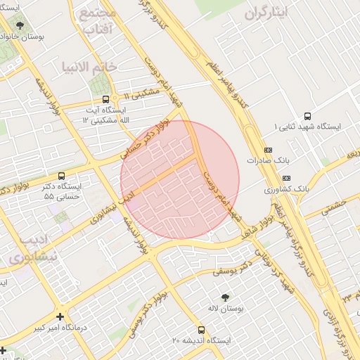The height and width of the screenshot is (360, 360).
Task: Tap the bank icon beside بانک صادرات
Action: point(268,150)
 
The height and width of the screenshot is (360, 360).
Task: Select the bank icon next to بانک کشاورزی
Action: point(285,179)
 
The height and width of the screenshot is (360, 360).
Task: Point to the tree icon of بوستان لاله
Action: point(225,298)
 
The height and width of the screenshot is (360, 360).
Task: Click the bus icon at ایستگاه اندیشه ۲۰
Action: point(202,330)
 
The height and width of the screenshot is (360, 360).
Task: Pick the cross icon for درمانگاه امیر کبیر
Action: point(60,317)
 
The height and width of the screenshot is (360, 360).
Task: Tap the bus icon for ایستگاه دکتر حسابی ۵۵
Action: point(61,176)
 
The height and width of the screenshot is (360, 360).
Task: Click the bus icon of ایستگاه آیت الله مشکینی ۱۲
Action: point(105,99)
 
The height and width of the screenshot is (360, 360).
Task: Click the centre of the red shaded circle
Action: point(180,180)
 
